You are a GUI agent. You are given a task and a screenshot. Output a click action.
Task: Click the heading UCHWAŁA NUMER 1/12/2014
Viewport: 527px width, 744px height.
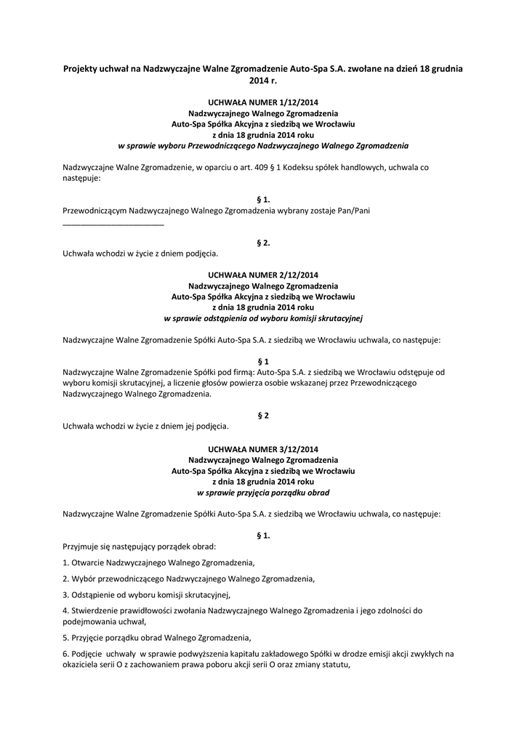click(263, 104)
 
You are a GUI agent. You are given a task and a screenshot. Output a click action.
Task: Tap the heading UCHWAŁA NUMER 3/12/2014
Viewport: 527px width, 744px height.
click(263, 450)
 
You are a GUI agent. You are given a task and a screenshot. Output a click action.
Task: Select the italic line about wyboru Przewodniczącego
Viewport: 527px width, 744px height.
click(263, 145)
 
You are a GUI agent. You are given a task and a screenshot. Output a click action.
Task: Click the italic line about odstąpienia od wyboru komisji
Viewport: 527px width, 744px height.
click(263, 318)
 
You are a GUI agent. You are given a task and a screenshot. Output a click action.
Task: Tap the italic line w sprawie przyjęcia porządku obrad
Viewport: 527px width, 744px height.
click(263, 491)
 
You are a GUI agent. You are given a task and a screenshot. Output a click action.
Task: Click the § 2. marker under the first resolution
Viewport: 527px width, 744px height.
click(263, 243)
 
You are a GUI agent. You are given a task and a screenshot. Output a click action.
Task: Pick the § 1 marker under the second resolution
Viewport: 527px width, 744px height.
click(263, 361)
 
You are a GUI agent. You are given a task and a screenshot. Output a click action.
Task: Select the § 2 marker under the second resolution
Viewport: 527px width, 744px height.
click(263, 416)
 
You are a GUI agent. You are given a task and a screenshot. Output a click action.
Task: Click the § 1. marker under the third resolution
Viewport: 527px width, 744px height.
click(263, 535)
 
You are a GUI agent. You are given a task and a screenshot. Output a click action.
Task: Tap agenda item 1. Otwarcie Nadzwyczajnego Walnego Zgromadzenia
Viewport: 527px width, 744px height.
click(158, 562)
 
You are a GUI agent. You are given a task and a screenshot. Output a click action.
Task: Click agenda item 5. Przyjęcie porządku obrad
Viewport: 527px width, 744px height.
click(156, 638)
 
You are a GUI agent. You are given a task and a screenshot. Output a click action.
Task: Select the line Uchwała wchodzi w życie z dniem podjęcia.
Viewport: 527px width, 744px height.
click(140, 254)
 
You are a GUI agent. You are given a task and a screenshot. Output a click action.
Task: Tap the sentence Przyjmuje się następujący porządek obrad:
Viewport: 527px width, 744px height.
click(140, 546)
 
